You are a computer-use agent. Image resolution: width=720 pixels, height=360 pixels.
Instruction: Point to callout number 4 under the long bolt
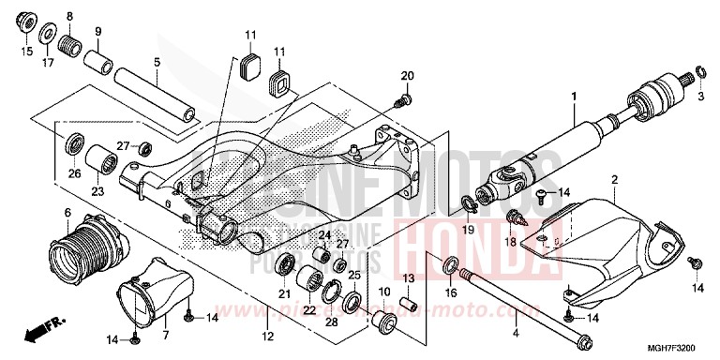(x=515, y=333)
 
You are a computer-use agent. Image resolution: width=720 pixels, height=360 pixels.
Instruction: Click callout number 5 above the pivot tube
(x=157, y=64)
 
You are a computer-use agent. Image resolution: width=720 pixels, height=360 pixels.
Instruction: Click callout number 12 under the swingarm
(x=267, y=335)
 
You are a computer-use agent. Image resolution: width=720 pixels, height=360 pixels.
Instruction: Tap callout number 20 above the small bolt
(x=408, y=76)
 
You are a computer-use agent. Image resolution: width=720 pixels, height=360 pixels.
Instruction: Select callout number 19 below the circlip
(x=468, y=229)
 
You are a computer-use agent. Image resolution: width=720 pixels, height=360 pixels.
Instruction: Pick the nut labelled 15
(x=25, y=22)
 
